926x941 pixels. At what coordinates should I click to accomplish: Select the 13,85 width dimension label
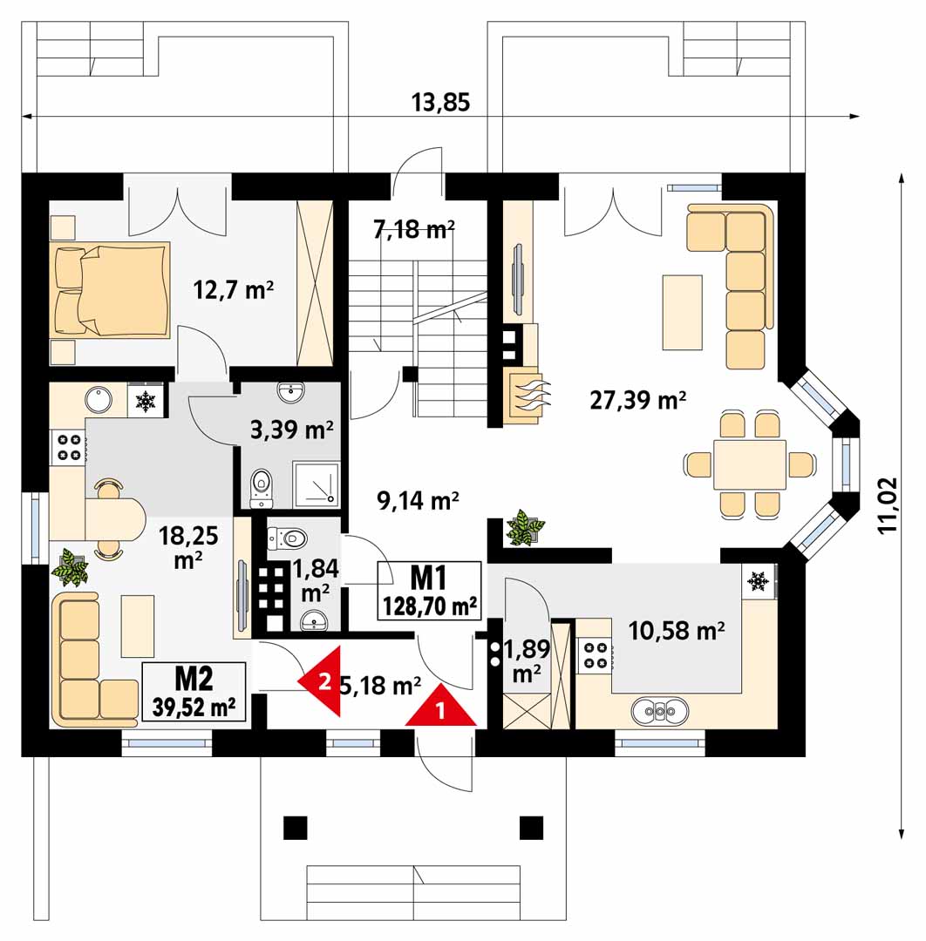click(x=440, y=103)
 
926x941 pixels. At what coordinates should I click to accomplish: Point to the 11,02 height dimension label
click(x=888, y=504)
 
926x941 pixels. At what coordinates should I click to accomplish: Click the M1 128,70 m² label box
click(x=429, y=591)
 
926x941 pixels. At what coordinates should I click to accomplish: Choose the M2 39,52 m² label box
click(x=194, y=691)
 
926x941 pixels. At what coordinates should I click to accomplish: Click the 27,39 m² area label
click(x=637, y=400)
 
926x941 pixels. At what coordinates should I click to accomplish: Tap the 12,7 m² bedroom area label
click(x=234, y=290)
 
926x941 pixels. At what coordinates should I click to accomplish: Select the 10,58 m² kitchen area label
click(x=676, y=631)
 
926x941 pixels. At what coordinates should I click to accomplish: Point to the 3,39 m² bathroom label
click(x=291, y=430)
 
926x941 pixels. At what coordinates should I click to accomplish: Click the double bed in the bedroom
click(x=112, y=288)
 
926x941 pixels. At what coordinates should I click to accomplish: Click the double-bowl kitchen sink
click(x=660, y=711)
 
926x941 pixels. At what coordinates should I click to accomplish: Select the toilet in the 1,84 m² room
click(x=287, y=538)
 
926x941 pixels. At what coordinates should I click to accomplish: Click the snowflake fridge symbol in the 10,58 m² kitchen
click(x=758, y=581)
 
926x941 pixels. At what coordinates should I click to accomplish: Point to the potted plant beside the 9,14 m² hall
click(x=525, y=527)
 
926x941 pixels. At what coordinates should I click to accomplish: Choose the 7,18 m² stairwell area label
click(x=414, y=228)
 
